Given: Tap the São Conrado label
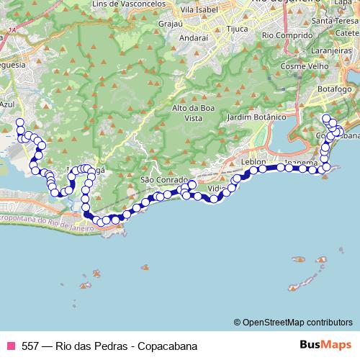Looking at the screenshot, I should (x=159, y=179).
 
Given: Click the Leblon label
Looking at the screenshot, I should (x=254, y=161).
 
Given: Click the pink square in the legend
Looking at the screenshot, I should (x=11, y=346).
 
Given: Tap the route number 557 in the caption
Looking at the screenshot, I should (x=31, y=346).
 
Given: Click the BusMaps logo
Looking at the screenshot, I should (x=325, y=345).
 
